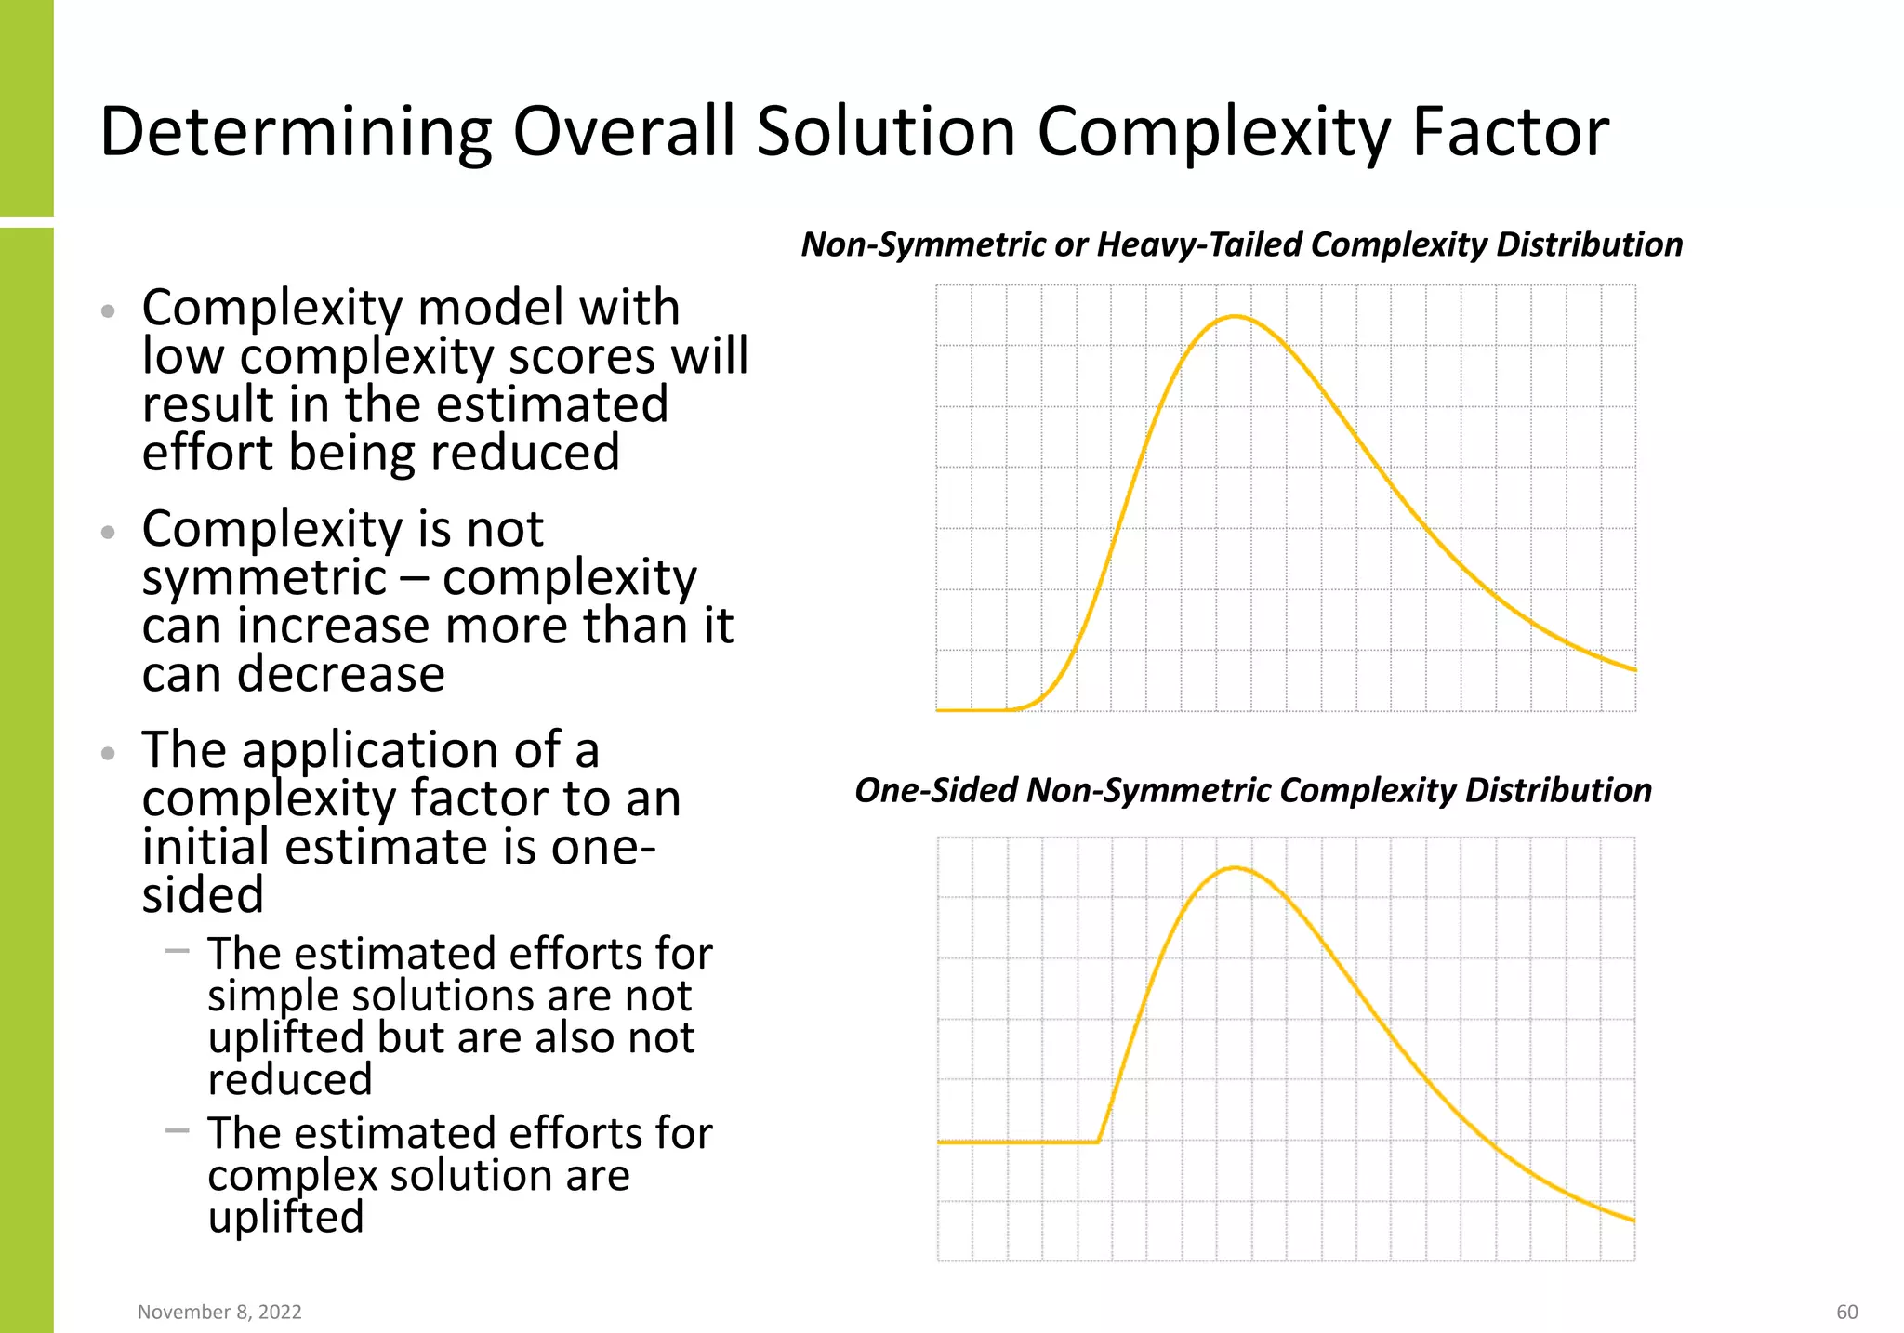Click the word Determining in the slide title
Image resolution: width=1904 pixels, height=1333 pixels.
tap(295, 131)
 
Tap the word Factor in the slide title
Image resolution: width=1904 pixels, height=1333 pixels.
tap(1510, 131)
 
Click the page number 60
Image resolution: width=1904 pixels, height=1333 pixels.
tap(1846, 1312)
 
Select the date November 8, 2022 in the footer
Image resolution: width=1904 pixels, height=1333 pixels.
tap(219, 1312)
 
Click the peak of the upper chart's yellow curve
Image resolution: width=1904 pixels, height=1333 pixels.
tap(1235, 317)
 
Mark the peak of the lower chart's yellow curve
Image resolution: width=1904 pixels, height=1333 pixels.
tap(1235, 868)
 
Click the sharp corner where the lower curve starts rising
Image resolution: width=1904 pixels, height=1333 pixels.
tap(1099, 1142)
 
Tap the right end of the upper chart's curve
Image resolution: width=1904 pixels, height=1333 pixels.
tap(1633, 669)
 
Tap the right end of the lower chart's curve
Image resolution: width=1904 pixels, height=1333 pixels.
tap(1633, 1220)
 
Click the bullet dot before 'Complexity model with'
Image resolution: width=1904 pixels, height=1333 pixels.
tap(109, 311)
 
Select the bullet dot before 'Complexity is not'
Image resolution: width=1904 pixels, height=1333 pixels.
tap(109, 533)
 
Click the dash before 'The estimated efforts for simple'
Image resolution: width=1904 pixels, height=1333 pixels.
tap(177, 951)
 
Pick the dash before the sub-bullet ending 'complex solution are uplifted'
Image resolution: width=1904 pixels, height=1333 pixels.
tap(177, 1130)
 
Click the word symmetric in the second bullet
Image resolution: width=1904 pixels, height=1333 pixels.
tap(264, 578)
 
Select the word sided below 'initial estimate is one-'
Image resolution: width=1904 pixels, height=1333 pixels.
tap(203, 895)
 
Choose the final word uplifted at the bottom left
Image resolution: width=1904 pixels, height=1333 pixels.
tap(285, 1217)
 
